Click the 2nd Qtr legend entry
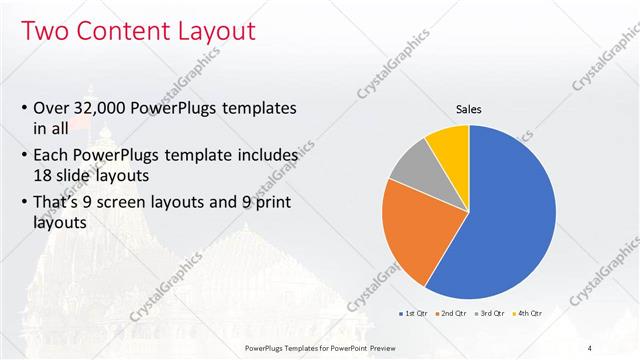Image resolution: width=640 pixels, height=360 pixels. [453, 313]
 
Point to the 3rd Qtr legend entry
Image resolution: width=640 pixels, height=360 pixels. [491, 313]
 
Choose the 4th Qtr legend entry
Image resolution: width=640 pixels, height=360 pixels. [528, 313]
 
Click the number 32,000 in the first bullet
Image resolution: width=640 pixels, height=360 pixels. [101, 108]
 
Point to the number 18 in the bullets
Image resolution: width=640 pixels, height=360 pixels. [44, 174]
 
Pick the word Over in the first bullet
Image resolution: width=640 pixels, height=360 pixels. [51, 108]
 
